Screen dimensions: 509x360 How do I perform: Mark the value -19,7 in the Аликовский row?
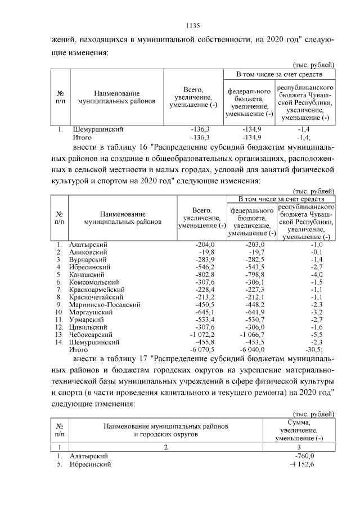[x=254, y=252]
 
